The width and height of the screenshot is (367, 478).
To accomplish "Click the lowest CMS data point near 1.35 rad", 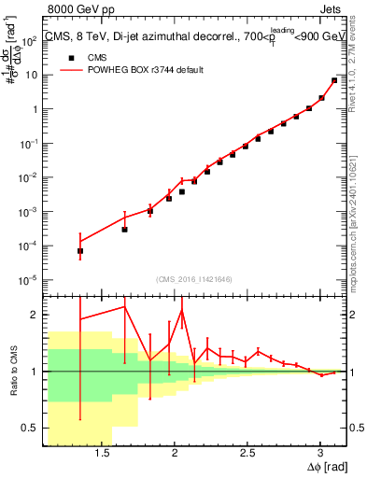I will [80, 251].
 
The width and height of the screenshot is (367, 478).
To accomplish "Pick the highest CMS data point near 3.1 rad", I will [334, 80].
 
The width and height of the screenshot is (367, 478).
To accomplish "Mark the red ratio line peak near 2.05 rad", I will [182, 310].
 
